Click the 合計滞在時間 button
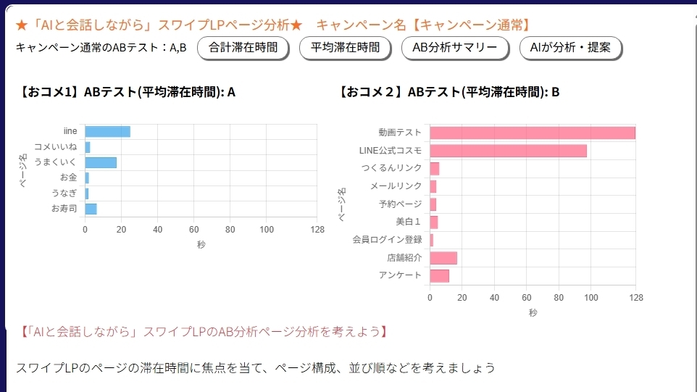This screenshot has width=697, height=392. click(x=243, y=48)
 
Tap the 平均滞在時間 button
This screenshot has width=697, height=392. click(x=345, y=48)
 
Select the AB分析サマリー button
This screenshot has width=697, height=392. click(x=454, y=48)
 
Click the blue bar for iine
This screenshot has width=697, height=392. click(x=107, y=131)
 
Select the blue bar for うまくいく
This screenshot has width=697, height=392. click(x=101, y=162)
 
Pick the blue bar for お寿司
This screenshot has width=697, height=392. click(x=91, y=209)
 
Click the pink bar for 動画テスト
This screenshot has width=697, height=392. click(x=532, y=133)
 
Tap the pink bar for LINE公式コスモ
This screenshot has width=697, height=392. click(x=508, y=151)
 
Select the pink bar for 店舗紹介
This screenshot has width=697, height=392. click(x=443, y=258)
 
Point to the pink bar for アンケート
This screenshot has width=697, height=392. click(x=439, y=275)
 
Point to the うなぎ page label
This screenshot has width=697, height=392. click(x=64, y=193)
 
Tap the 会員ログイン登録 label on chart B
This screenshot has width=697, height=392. click(x=387, y=240)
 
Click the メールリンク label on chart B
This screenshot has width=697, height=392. click(x=396, y=186)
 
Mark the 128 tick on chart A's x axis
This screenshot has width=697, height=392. click(x=317, y=230)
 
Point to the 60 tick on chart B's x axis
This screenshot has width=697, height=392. click(x=527, y=299)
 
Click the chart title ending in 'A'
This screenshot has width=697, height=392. click(x=128, y=92)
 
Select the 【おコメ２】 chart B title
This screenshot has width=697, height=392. click(x=448, y=92)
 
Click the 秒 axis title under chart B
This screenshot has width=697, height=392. click(x=533, y=313)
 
